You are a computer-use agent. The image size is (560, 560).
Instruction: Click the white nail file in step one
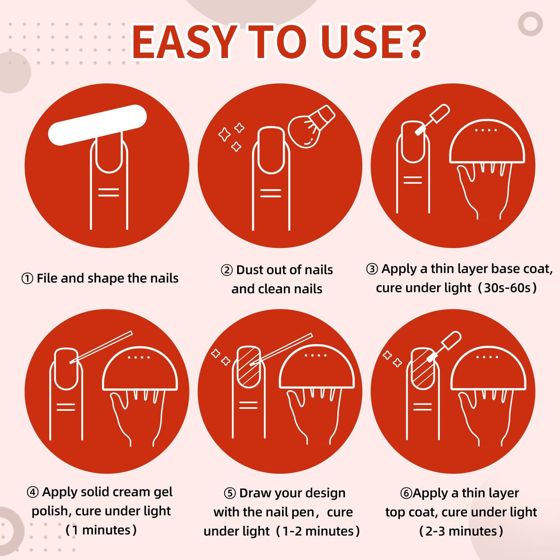tap(97, 125)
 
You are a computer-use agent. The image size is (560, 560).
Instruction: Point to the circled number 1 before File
tap(27, 279)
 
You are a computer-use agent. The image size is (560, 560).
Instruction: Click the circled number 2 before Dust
tap(227, 270)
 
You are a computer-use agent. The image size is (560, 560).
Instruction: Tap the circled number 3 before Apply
tap(372, 269)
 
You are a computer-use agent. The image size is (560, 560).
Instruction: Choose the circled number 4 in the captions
tap(33, 492)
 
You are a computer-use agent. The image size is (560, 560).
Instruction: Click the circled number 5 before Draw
tap(230, 493)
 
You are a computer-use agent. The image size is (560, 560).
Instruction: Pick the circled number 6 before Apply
tap(406, 493)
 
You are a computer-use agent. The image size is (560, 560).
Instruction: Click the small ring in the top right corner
tap(530, 24)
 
